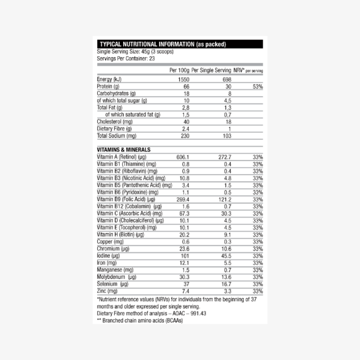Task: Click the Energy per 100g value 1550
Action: pos(183,80)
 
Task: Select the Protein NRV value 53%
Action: pos(258,87)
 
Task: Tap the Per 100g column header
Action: pos(179,70)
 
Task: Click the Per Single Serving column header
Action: pos(211,70)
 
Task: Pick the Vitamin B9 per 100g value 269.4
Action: pos(183,199)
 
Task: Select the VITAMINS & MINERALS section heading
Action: pos(124,150)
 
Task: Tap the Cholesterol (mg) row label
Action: pos(115,122)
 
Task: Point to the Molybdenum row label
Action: pos(117,277)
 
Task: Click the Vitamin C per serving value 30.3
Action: pos(226,214)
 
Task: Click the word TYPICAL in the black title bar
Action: pos(111,44)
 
